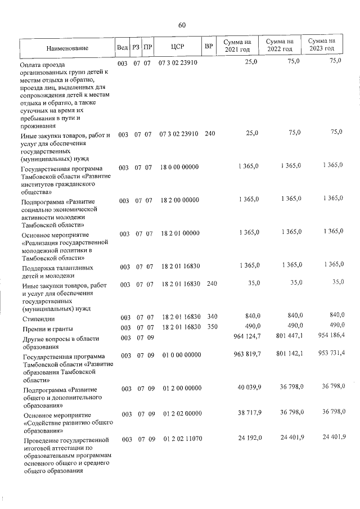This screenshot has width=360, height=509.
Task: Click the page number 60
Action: [182, 25]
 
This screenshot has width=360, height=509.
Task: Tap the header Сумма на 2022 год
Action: [280, 45]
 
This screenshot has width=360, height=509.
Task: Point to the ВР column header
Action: [209, 45]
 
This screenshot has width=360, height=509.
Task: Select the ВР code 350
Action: [210, 327]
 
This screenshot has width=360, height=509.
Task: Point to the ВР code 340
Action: [210, 317]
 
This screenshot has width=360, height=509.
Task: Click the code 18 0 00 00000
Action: [179, 167]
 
